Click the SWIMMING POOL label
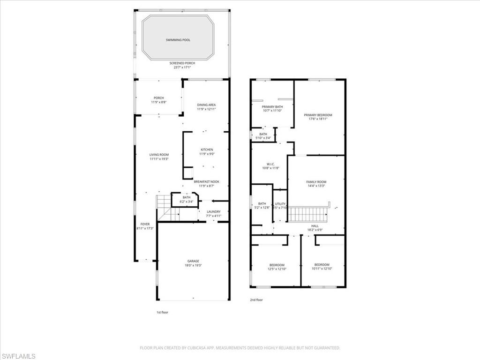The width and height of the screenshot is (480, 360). [178, 40]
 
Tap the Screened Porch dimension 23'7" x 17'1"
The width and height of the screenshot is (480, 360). [182, 67]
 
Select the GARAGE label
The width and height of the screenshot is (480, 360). [193, 261]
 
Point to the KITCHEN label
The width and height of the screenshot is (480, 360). [206, 150]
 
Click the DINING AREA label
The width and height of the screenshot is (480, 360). [206, 105]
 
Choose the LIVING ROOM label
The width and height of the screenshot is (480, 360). [159, 155]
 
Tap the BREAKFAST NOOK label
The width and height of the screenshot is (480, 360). [206, 182]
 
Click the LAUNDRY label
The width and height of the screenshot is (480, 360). [213, 212]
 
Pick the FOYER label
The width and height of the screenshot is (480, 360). [145, 224]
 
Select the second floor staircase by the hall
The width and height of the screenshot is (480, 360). [307, 214]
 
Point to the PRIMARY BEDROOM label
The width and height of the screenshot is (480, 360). [318, 115]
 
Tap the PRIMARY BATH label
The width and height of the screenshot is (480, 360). [272, 107]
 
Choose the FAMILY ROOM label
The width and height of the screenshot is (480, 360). [316, 182]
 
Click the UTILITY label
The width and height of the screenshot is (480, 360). [280, 203]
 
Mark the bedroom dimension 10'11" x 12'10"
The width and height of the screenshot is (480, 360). [322, 269]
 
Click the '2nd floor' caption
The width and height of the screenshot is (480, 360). [256, 300]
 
